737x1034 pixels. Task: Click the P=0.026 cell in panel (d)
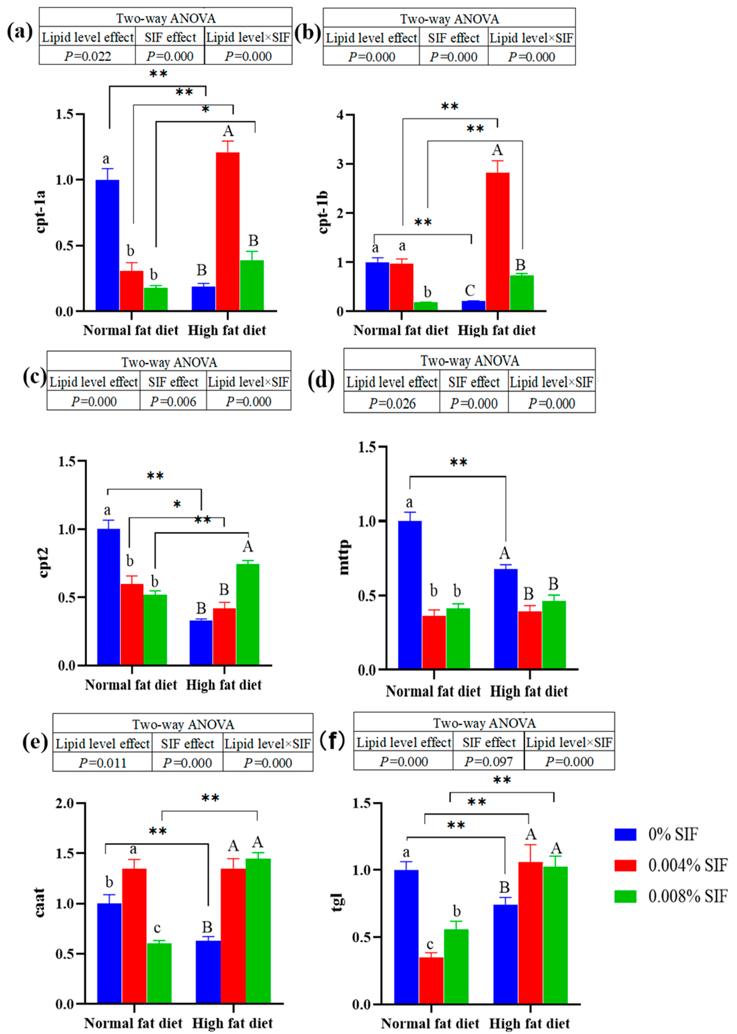coord(392,403)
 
